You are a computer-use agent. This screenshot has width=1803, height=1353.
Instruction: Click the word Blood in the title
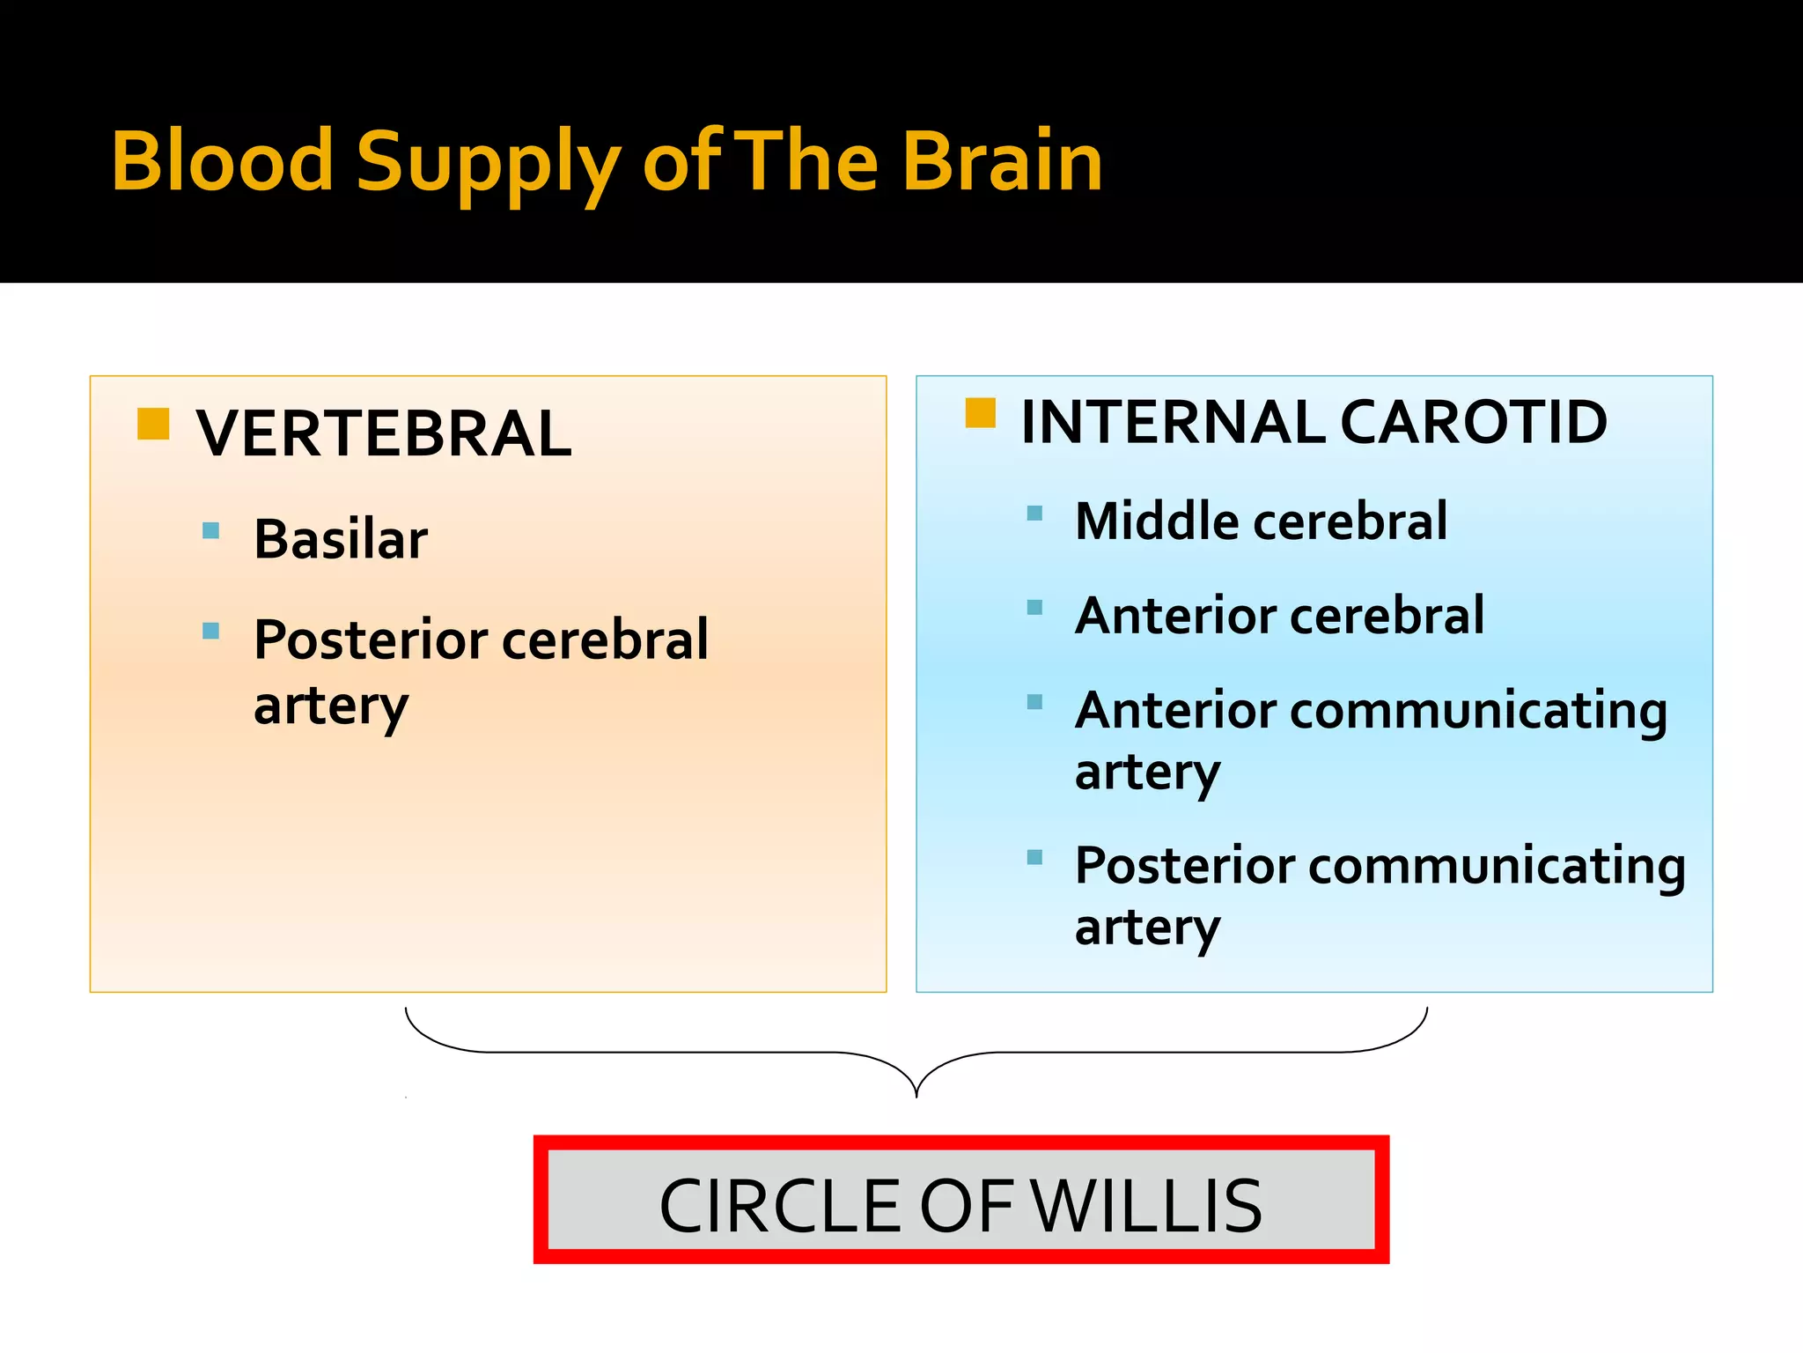pyautogui.click(x=222, y=160)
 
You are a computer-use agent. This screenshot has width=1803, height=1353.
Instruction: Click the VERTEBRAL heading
pyautogui.click(x=384, y=433)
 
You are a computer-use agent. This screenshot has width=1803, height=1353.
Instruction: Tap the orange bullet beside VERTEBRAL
pyautogui.click(x=153, y=424)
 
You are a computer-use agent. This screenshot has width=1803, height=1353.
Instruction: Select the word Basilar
pyautogui.click(x=341, y=538)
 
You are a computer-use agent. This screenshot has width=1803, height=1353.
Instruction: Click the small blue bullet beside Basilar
pyautogui.click(x=210, y=530)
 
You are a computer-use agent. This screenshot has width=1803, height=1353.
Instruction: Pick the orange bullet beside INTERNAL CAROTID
pyautogui.click(x=980, y=412)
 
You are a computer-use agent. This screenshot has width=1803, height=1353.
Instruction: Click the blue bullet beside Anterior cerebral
pyautogui.click(x=1034, y=608)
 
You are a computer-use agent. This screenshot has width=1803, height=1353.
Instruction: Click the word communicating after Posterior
pyautogui.click(x=1497, y=866)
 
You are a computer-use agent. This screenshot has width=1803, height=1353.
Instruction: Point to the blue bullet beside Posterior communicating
pyautogui.click(x=1034, y=857)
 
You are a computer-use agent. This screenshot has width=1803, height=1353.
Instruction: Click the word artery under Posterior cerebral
pyautogui.click(x=331, y=706)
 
